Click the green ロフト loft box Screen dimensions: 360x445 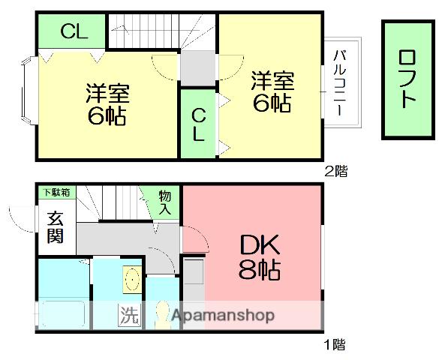pyautogui.click(x=407, y=79)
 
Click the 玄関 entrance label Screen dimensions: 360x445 pyautogui.click(x=55, y=229)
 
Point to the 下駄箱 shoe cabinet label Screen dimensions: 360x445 pyautogui.click(x=56, y=193)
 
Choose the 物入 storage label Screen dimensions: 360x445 pyautogui.click(x=165, y=202)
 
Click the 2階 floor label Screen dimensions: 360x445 pyautogui.click(x=335, y=170)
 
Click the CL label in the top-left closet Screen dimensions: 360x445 pyautogui.click(x=73, y=31)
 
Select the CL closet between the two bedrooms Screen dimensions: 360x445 pyautogui.click(x=198, y=124)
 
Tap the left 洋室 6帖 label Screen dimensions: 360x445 pyautogui.click(x=107, y=105)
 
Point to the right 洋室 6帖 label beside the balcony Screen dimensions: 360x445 pyautogui.click(x=272, y=91)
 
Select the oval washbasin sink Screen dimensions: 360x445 pyautogui.click(x=132, y=280)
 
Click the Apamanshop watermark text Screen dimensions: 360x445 pyautogui.click(x=223, y=316)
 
